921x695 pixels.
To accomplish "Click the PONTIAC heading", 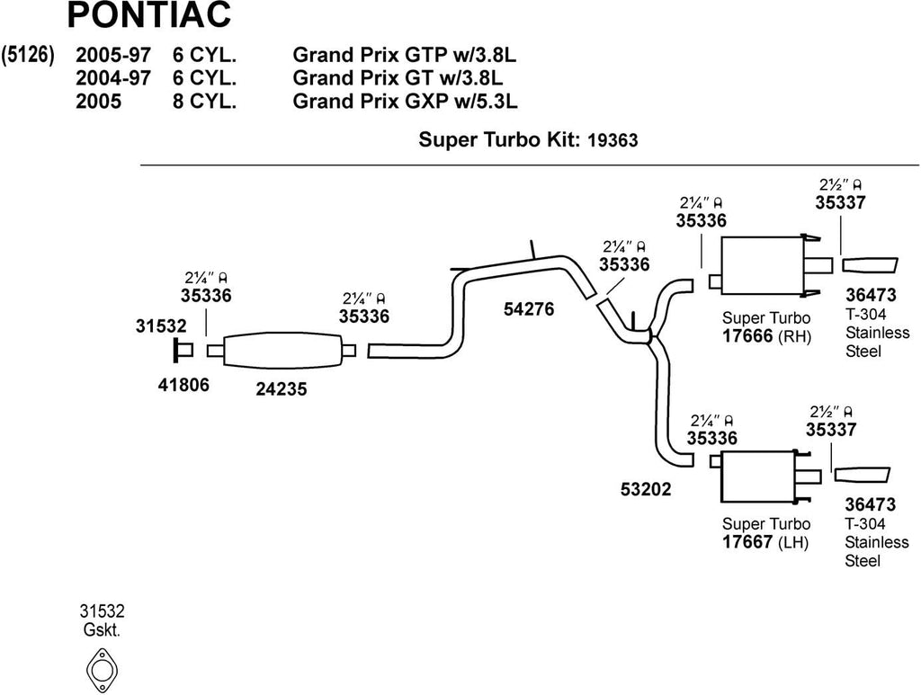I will (148, 15).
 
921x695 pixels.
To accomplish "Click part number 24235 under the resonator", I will (281, 391).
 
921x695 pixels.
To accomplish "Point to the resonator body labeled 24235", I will (281, 350).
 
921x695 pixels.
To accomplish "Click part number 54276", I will (528, 309).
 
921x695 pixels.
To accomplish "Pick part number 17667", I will (747, 542).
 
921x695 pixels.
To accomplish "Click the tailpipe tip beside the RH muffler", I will (870, 264).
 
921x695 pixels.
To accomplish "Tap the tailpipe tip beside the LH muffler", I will (862, 475).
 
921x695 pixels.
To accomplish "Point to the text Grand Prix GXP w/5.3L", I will (405, 101).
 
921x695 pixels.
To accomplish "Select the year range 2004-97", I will (113, 78).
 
